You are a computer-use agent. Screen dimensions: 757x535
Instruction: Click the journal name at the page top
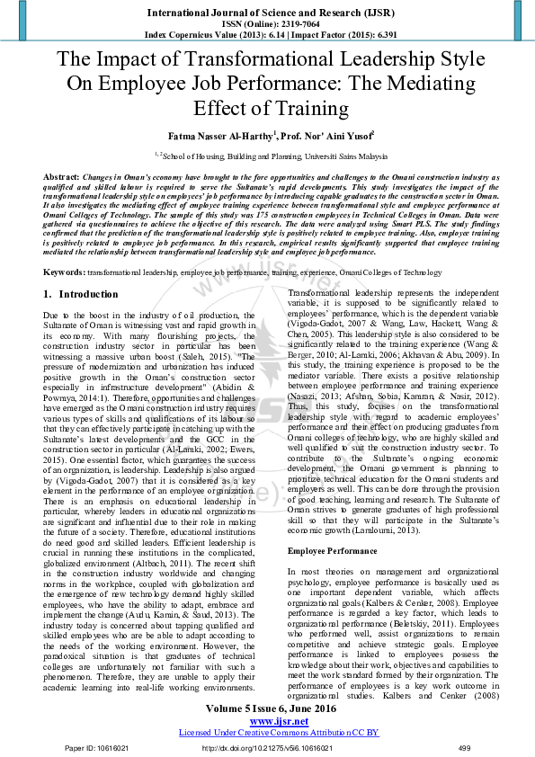(267, 13)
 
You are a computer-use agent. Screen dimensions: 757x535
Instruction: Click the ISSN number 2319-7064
(293, 24)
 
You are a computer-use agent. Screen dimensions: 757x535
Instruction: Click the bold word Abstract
(60, 178)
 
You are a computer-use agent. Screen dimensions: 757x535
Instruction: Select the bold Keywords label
(64, 272)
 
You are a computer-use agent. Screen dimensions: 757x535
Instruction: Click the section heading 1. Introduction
(80, 294)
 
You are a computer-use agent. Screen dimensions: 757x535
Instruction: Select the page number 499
(464, 748)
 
